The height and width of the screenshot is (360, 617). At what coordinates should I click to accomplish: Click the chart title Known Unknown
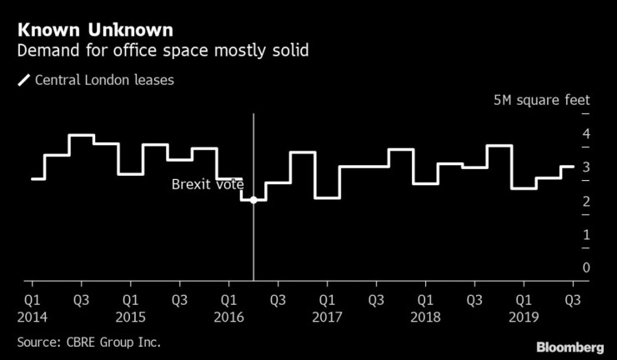[95, 30]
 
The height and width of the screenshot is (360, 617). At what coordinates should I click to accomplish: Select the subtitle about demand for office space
[162, 52]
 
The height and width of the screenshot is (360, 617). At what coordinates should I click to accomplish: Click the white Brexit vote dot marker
[253, 200]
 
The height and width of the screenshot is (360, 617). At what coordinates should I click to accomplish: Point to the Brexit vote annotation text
[208, 184]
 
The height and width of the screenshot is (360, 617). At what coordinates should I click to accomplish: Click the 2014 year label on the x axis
[32, 317]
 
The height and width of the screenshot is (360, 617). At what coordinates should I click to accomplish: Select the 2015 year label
[130, 317]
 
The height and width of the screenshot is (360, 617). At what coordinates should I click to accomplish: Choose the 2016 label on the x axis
[228, 317]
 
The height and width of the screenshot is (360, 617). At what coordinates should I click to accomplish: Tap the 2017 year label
[327, 317]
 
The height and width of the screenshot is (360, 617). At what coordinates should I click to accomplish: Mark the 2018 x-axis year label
[425, 317]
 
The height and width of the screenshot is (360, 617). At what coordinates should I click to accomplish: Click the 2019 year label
[524, 317]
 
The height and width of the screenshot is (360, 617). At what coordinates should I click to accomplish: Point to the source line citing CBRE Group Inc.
[89, 342]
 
